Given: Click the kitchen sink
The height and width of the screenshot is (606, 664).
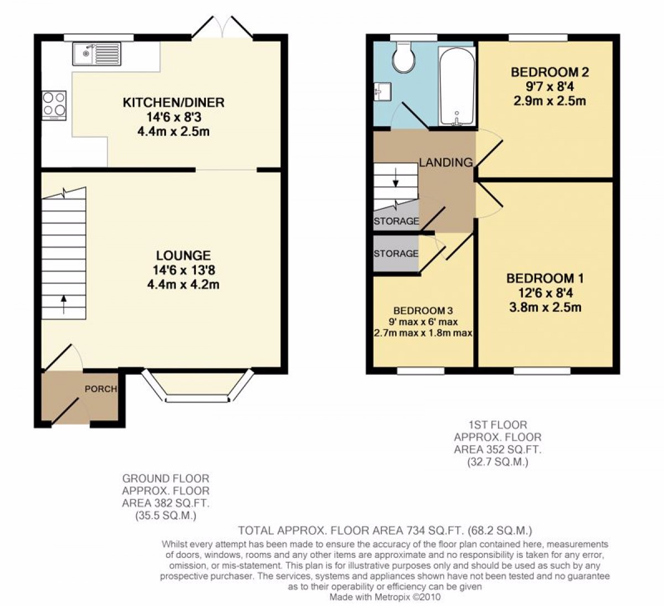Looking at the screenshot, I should point(96,54).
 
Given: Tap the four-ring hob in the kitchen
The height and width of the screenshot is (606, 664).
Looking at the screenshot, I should point(54,105).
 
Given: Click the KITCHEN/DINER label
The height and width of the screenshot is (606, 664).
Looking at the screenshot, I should point(173,102).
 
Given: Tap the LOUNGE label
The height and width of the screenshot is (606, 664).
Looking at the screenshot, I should point(183,255).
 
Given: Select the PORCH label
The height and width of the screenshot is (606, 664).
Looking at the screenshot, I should point(101,389).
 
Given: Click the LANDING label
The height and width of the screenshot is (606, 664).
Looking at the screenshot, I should point(445,163).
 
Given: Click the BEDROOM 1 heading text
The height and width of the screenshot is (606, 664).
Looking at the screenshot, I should point(544,278).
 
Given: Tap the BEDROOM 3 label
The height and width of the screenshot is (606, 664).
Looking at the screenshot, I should point(423,311).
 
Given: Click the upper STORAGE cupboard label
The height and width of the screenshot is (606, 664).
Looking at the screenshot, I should point(396,221).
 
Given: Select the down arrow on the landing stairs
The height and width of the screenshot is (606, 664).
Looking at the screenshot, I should point(395,180).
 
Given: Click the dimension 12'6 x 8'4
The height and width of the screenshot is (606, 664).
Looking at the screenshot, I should point(544,293).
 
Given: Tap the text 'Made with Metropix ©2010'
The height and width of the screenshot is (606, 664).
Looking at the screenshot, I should point(385,597).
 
